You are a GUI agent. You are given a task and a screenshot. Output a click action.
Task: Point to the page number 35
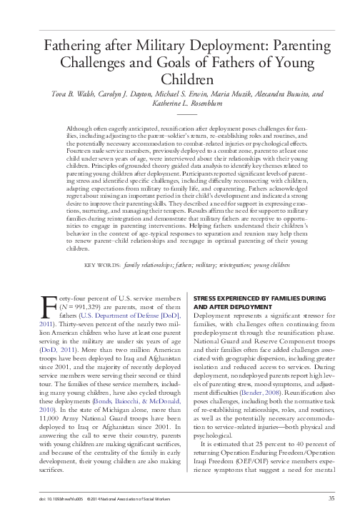(331, 498)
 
